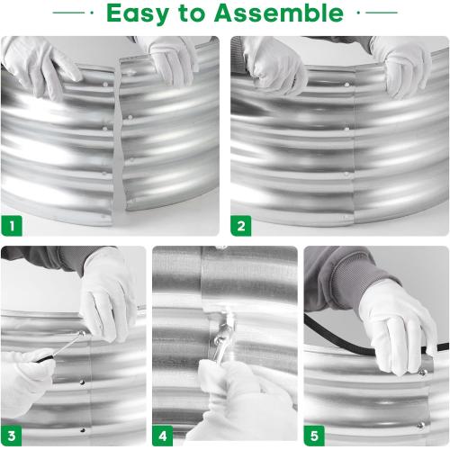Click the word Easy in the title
click(x=138, y=13)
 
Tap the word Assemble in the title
click(x=279, y=13)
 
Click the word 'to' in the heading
click(x=192, y=13)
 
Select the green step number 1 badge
click(x=12, y=226)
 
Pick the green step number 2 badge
click(x=241, y=226)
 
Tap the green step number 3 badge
click(x=12, y=436)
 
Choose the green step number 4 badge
click(x=163, y=436)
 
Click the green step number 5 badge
click(x=314, y=436)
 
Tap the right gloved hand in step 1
click(x=174, y=61)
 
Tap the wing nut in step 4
click(x=223, y=335)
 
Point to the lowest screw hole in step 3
click(x=83, y=430)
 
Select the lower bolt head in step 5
click(x=421, y=425)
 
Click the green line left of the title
click(x=68, y=13)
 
